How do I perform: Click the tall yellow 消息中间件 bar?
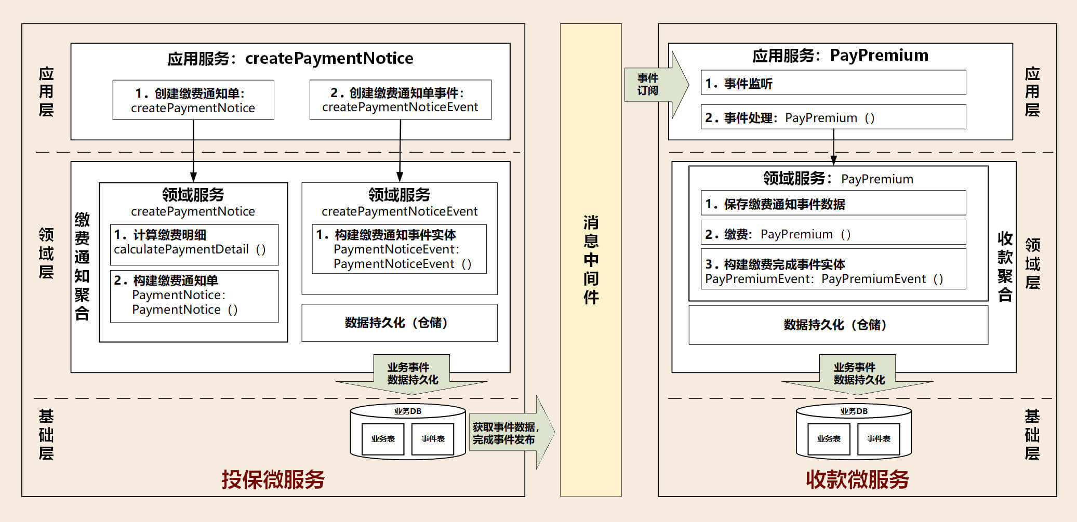tap(591, 260)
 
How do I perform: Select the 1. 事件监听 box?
tap(833, 83)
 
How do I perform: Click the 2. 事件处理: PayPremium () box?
tap(833, 117)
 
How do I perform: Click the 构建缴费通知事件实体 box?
tap(399, 249)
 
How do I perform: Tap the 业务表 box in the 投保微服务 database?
tap(383, 439)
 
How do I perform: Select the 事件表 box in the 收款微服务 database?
tap(879, 439)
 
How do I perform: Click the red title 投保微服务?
tap(273, 479)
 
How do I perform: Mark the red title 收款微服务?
tap(857, 479)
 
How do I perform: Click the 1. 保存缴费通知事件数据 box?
tap(833, 204)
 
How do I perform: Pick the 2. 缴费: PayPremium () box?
tap(833, 234)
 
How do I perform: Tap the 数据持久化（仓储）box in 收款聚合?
tap(837, 325)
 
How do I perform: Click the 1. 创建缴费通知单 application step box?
tap(193, 100)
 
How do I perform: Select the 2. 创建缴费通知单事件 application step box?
tap(400, 100)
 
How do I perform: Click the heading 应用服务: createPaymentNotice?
tap(290, 58)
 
